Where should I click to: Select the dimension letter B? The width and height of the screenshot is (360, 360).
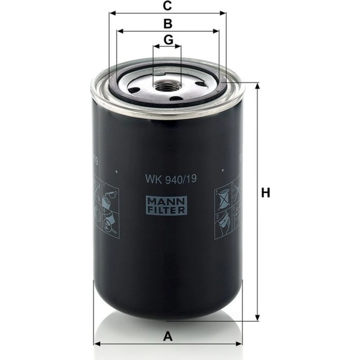tap(168, 24)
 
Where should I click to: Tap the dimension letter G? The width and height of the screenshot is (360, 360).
tap(168, 40)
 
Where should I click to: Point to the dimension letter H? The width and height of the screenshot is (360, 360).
tap(266, 193)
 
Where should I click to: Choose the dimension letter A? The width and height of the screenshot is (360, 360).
tap(168, 337)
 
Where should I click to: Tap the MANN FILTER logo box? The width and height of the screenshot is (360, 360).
tap(166, 206)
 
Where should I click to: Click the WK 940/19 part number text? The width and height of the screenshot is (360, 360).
tap(171, 179)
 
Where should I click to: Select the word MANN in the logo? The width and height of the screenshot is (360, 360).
tap(166, 201)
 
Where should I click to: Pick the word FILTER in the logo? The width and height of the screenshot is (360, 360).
tap(166, 210)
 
